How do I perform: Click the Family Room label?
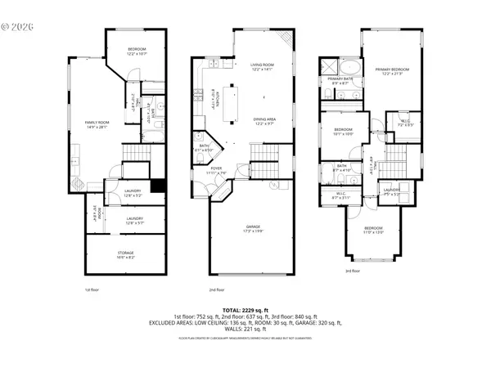(97, 124)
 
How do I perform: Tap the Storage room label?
(125, 254)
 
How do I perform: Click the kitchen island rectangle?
(231, 102)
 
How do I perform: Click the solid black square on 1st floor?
(158, 186)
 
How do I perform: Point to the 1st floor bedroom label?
(136, 52)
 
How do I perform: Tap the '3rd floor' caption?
(352, 271)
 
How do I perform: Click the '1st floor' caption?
(92, 289)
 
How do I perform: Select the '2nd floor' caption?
(217, 289)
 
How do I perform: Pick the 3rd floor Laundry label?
(391, 191)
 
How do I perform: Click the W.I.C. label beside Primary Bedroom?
(405, 123)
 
